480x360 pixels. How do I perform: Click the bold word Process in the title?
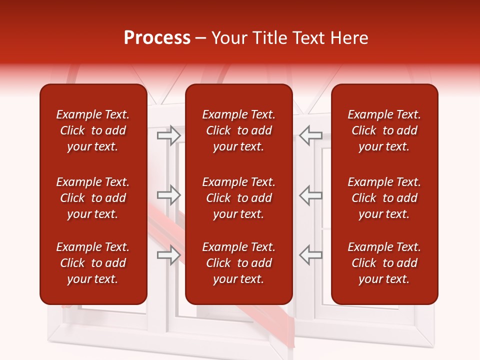pyautogui.click(x=157, y=38)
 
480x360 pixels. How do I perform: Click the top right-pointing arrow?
pyautogui.click(x=168, y=135)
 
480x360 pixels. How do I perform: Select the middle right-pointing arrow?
pyautogui.click(x=168, y=195)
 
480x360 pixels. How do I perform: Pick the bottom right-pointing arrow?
pyautogui.click(x=168, y=255)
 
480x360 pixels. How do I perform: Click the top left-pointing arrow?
pyautogui.click(x=310, y=135)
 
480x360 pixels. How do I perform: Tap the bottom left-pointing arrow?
pyautogui.click(x=310, y=255)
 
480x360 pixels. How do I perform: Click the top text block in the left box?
pyautogui.click(x=93, y=130)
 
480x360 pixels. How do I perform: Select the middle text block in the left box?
pyautogui.click(x=93, y=198)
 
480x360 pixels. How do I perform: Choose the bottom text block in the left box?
pyautogui.click(x=93, y=263)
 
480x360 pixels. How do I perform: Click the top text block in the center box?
pyautogui.click(x=238, y=130)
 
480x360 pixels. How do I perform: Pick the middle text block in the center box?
pyautogui.click(x=238, y=198)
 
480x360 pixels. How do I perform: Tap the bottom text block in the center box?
pyautogui.click(x=238, y=263)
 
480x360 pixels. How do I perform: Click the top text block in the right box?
pyautogui.click(x=384, y=130)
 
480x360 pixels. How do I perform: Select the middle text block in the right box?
pyautogui.click(x=384, y=198)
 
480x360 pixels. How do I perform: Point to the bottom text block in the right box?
pyautogui.click(x=384, y=263)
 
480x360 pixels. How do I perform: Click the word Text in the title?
pyautogui.click(x=309, y=38)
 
